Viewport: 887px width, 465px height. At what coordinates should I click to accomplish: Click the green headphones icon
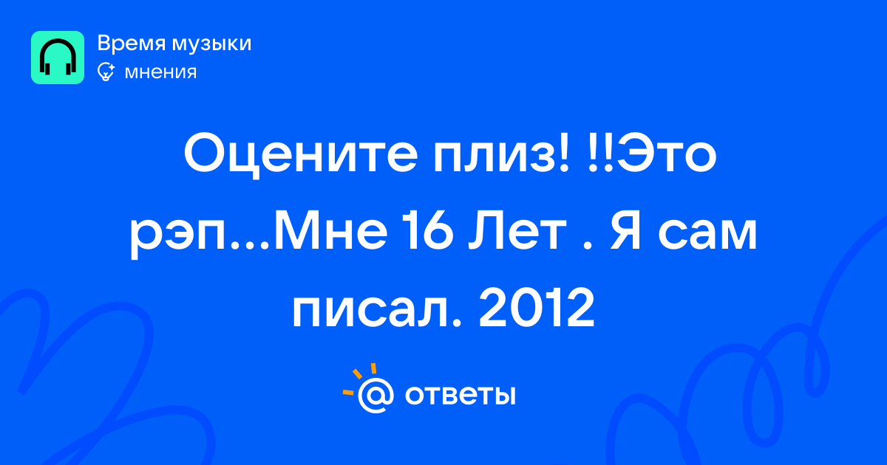[x=58, y=58]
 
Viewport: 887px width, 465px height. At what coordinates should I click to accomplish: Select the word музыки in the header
[x=212, y=44]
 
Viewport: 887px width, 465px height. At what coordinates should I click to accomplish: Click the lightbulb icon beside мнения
[x=106, y=72]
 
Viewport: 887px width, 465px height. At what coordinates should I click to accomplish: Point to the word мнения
[x=160, y=73]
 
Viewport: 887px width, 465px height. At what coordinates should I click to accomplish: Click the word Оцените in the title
[x=301, y=154]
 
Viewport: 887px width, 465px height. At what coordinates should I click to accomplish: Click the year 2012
[x=537, y=308]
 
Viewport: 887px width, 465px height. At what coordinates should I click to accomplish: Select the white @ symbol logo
[x=375, y=396]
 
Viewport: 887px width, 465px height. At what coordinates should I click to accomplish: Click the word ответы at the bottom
[x=460, y=396]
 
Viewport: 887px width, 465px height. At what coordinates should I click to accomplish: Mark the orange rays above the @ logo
[x=361, y=379]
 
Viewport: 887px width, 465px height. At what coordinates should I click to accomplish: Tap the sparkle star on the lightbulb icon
[x=111, y=67]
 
